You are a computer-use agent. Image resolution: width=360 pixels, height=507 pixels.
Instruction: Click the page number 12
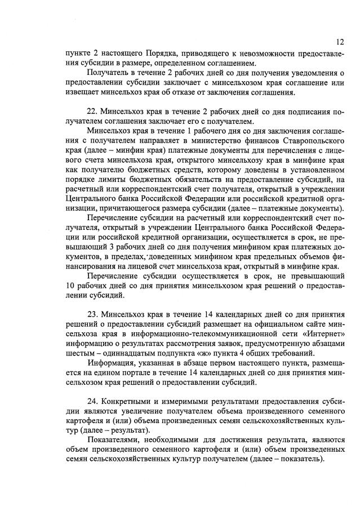click(340, 41)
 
